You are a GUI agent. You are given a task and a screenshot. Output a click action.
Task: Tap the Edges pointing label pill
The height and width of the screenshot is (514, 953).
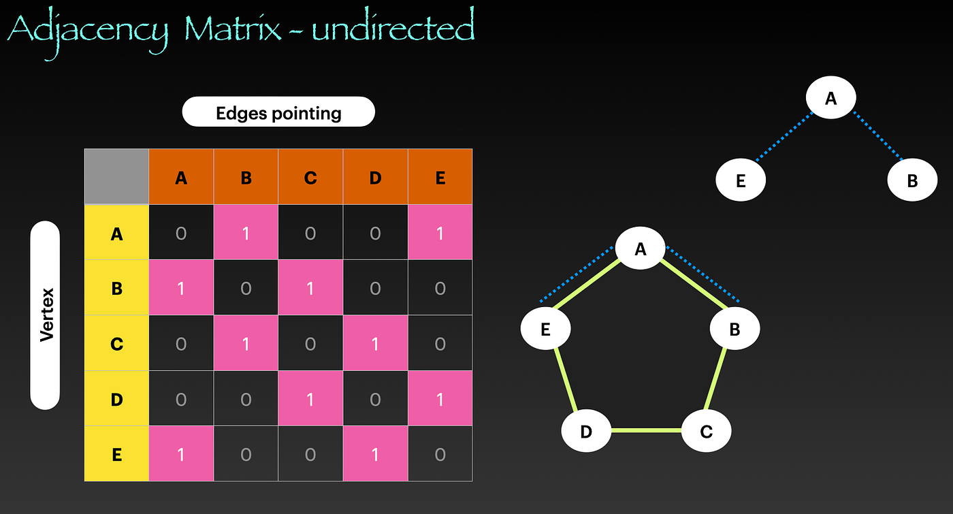[278, 112]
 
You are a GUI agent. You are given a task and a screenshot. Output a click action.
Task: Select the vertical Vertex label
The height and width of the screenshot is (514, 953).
[46, 315]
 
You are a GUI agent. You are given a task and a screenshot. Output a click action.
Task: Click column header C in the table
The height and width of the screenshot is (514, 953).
[310, 178]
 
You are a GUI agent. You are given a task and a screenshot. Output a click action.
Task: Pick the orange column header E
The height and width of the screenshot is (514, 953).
[440, 178]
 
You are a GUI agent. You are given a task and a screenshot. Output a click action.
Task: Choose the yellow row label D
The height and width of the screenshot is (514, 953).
[116, 399]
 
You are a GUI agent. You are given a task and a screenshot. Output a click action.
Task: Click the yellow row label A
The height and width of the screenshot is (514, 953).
[116, 234]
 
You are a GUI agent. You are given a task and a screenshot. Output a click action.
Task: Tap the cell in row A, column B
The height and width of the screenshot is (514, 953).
[246, 234]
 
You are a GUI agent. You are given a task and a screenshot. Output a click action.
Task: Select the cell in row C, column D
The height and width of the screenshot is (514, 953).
[375, 344]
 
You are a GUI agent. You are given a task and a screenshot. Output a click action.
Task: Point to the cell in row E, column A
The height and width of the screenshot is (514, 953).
[181, 454]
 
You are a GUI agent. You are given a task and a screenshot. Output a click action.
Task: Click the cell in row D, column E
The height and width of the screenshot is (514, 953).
[440, 399]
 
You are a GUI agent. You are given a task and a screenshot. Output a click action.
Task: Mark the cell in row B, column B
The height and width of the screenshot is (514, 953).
[246, 289]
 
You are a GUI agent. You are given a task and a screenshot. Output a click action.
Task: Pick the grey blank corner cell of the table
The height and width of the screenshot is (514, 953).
[116, 176]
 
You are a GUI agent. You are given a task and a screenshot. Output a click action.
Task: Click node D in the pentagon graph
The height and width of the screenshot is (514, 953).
[586, 431]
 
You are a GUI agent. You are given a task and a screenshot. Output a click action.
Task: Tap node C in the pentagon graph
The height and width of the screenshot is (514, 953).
[706, 431]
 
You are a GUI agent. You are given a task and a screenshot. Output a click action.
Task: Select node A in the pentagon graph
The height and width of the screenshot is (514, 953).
[640, 249]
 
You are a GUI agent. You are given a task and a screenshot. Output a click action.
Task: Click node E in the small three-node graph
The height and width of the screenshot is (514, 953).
[741, 181]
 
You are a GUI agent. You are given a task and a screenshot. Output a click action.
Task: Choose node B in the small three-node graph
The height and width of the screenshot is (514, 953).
[912, 181]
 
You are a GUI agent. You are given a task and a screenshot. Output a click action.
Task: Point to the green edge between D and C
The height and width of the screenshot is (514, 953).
[646, 431]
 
